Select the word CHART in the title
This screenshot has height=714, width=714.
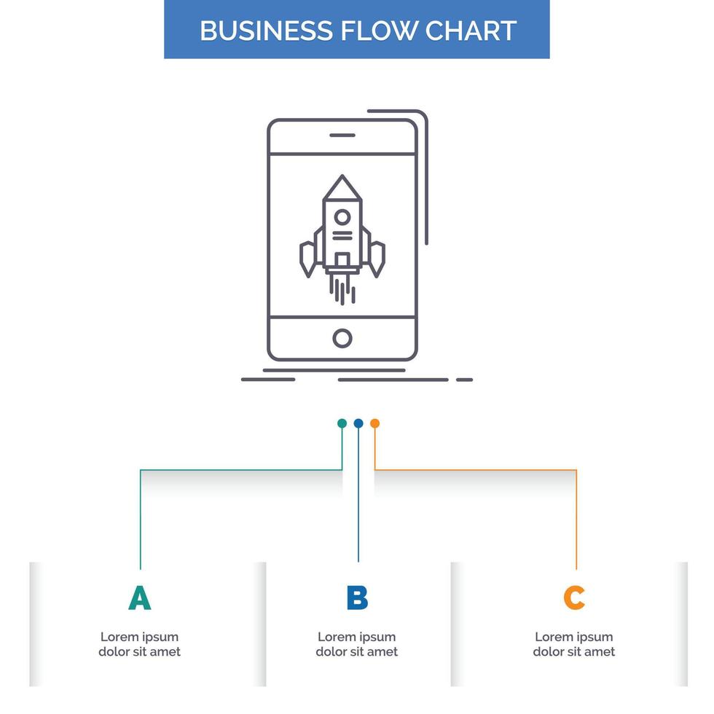(471, 31)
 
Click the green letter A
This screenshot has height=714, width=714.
(139, 598)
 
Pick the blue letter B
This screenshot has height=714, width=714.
(357, 598)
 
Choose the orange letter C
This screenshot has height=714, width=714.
(574, 598)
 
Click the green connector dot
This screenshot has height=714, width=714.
(342, 423)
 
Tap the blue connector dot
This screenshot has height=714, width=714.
(358, 423)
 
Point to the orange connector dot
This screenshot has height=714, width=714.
(374, 423)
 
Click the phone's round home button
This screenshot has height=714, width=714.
(342, 338)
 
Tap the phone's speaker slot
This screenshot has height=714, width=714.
(342, 135)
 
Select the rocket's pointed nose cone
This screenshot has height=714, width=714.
(342, 187)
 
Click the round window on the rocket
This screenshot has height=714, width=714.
(342, 216)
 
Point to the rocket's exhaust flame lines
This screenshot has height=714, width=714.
(342, 289)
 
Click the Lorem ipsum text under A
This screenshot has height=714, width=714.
(139, 644)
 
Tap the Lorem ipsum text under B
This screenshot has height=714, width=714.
(357, 644)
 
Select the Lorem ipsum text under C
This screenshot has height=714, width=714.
(574, 644)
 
